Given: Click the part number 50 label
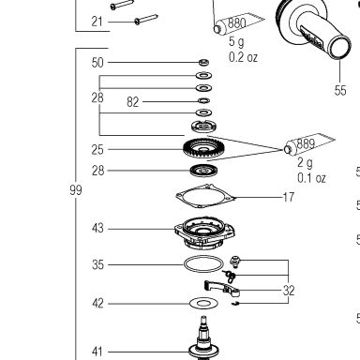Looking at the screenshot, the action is (97, 63).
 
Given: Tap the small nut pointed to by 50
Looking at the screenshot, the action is (204, 62).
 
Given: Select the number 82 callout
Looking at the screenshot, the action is (133, 102).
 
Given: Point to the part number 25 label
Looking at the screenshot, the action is (97, 150).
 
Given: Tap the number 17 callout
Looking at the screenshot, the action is (289, 197).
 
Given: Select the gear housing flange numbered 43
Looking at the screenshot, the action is (205, 232).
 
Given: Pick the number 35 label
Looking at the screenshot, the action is (97, 265).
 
